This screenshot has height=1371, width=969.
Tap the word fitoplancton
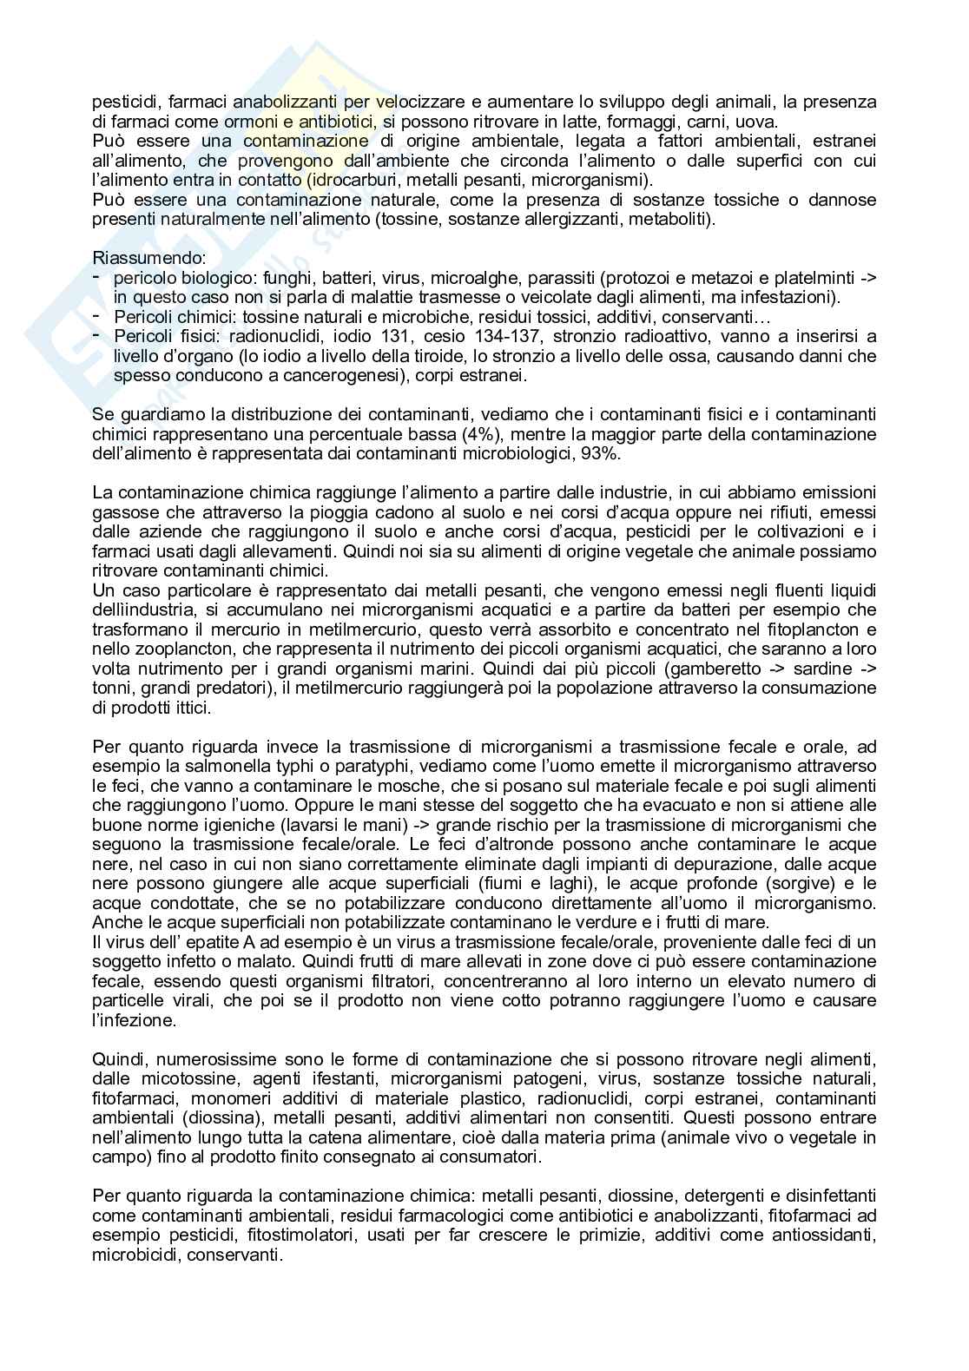coord(813,629)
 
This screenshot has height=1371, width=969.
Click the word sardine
coord(824,669)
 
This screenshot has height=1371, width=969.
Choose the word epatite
coord(189,942)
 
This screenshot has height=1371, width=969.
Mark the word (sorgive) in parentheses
coord(803,883)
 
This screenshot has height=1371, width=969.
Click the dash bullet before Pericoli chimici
coord(96,316)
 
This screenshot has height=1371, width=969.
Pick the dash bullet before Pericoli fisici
coord(96,336)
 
